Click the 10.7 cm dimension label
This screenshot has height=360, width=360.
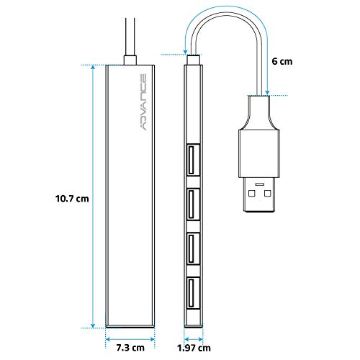click(72, 199)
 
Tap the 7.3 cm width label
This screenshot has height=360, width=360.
click(130, 348)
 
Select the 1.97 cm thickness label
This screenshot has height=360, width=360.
click(194, 348)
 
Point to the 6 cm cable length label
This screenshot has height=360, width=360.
click(282, 61)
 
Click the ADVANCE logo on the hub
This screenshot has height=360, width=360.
click(143, 102)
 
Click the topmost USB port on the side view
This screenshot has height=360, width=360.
click(193, 160)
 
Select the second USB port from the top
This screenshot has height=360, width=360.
click(193, 204)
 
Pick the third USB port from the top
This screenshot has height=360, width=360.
click(193, 249)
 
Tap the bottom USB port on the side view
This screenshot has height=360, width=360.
click(193, 293)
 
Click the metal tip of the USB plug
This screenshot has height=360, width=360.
click(259, 194)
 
